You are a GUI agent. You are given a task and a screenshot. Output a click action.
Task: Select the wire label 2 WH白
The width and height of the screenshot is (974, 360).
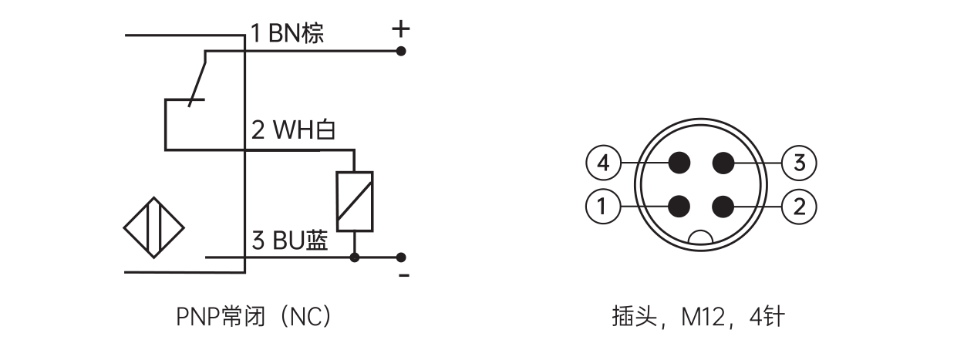coord(293,130)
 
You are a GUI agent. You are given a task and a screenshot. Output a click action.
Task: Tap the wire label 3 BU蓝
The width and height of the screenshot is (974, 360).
coord(290,241)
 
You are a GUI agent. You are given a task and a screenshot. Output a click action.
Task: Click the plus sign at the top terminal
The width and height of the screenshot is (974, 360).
coord(400,30)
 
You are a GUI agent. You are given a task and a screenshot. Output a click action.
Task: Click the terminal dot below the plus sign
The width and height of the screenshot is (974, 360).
coord(400,51)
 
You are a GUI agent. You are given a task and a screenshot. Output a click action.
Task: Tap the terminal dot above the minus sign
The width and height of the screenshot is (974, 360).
coord(400,257)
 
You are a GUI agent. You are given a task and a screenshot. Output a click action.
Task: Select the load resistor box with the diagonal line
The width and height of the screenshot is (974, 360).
coord(354,200)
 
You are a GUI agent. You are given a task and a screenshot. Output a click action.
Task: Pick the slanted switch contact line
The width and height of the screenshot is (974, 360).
coord(199,77)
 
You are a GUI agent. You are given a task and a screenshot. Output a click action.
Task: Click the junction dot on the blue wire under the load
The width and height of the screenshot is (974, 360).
coord(354,257)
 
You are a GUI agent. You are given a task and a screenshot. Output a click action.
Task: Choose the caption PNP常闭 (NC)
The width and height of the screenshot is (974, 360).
coord(254,317)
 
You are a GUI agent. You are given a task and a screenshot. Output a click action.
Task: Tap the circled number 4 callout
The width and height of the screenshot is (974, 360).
coord(603,163)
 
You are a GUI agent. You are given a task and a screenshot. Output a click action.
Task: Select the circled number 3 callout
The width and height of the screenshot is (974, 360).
coord(799,163)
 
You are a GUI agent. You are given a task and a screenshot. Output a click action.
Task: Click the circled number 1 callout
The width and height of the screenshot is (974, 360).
coord(603,206)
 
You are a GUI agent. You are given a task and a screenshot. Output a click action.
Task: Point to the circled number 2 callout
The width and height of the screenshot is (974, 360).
coord(799,206)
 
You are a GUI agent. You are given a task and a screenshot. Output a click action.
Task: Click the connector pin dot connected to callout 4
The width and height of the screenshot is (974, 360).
coord(679,163)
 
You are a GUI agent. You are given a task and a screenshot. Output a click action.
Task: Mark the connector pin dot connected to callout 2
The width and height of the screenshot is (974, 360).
coord(723,206)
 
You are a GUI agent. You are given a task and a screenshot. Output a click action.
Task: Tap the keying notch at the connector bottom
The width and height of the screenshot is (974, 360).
coord(701,240)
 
